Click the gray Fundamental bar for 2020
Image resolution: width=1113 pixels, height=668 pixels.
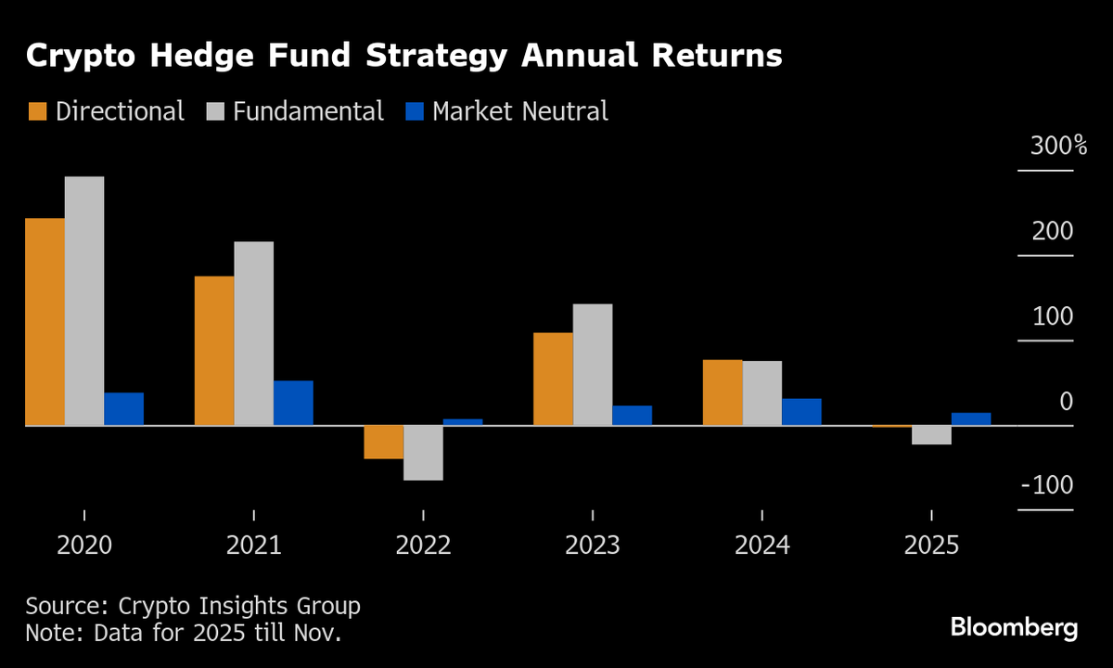point(84,301)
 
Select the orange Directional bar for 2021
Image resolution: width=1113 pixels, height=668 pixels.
point(214,351)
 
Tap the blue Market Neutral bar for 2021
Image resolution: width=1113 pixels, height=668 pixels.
point(293,403)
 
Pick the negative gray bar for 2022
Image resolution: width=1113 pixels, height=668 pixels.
point(423,453)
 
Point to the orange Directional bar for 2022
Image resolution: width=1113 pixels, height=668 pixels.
point(383,443)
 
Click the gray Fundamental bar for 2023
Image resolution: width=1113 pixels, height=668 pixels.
point(593,365)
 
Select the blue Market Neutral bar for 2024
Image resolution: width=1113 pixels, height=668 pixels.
point(801,412)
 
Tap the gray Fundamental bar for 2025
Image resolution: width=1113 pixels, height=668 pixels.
point(931,435)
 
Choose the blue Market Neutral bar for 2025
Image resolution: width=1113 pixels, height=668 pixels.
point(971,419)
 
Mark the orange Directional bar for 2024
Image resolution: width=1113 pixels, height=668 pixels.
point(723,392)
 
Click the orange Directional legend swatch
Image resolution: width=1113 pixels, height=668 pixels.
point(37,112)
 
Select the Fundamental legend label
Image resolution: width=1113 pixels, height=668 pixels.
point(308,112)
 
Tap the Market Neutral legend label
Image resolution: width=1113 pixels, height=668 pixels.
point(520,112)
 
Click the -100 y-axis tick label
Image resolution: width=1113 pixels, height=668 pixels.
point(1047,486)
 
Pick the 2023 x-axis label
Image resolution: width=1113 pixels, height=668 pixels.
point(593,545)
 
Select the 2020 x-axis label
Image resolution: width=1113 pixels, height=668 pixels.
point(84,545)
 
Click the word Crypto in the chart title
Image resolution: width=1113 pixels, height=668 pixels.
point(81,57)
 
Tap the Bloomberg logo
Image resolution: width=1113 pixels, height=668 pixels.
point(1014,627)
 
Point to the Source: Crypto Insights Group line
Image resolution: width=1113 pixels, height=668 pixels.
point(193,607)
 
